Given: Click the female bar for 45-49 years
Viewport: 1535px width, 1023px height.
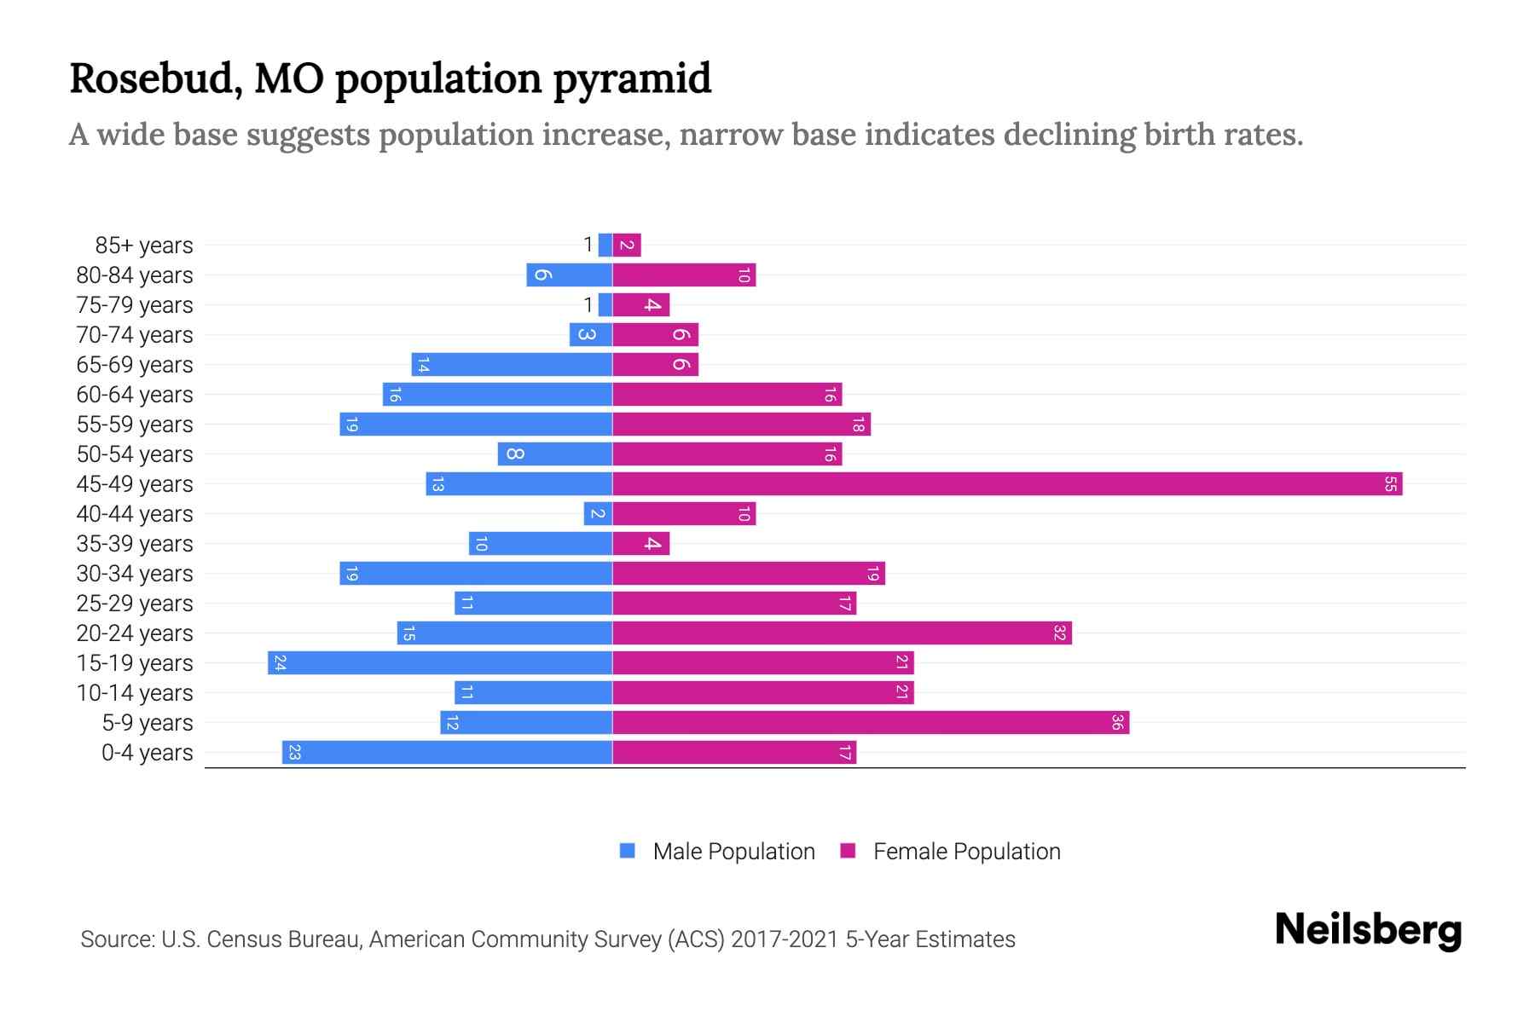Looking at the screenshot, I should coord(1006,484).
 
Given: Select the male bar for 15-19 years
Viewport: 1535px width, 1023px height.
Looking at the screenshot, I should coord(440,663).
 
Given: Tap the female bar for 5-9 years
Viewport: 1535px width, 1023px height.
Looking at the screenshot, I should coord(870,723).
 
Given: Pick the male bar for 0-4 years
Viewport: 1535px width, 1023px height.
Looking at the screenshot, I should coord(447,753).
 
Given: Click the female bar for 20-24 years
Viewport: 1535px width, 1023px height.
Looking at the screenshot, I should coord(842,633).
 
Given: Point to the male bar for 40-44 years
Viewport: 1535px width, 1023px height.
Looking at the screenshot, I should coord(598,514).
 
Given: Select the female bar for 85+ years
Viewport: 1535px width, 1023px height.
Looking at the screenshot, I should coord(627,246).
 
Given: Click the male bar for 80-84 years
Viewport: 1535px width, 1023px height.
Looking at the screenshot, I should coord(569,275).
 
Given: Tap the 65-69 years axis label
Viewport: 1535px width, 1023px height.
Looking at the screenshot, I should coord(135,365).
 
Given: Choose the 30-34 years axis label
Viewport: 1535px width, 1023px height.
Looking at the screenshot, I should coord(135,574).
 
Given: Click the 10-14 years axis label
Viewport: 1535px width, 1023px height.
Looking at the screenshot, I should coord(135,693).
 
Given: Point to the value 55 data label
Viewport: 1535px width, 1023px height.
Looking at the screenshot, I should coord(1390,484).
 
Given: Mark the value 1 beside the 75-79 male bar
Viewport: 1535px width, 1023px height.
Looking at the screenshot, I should coord(588,305).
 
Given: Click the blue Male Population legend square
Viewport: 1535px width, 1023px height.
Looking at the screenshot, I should coord(628,851).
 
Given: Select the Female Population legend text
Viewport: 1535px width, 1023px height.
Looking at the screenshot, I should coord(966,852).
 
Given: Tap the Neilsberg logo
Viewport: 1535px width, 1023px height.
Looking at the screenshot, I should coord(1368,930).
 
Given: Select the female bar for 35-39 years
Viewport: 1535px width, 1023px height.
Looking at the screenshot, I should coord(640,544).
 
